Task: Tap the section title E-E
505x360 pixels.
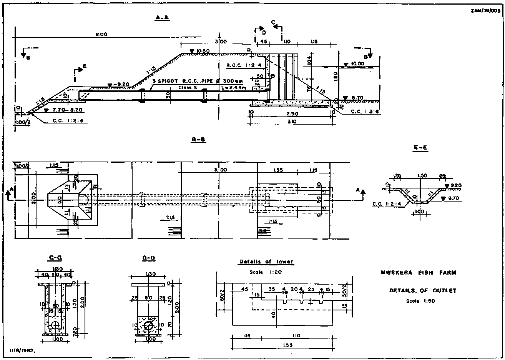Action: click(x=421, y=147)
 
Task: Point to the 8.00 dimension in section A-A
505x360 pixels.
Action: click(x=101, y=35)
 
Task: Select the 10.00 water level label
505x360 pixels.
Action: click(x=355, y=64)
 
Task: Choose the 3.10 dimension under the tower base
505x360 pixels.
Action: click(x=291, y=122)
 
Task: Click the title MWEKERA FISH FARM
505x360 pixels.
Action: click(x=419, y=273)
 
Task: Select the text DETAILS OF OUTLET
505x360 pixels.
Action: click(x=422, y=291)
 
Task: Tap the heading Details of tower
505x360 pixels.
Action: click(x=266, y=262)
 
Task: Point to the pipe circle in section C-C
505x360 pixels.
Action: click(x=55, y=325)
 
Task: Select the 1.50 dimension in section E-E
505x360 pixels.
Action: click(x=422, y=176)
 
